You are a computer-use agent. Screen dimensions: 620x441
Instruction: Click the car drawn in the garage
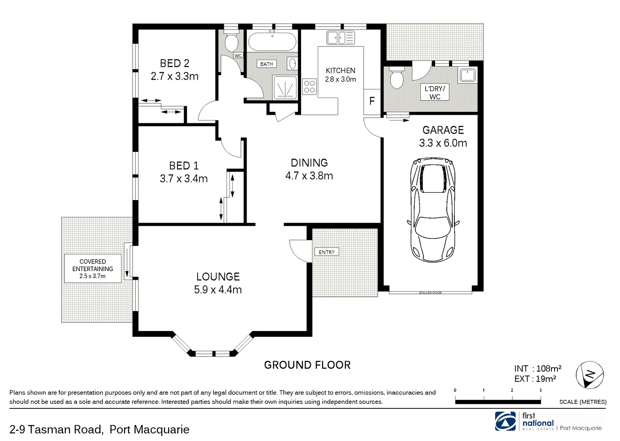click(x=433, y=210)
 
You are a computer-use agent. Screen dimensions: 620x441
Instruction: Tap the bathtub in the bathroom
click(x=272, y=42)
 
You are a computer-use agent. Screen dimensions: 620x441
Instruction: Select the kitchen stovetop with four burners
click(x=309, y=87)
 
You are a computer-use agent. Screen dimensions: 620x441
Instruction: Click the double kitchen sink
click(x=340, y=38)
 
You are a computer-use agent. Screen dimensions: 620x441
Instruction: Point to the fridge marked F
click(x=372, y=101)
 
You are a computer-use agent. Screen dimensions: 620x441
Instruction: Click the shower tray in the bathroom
click(x=285, y=87)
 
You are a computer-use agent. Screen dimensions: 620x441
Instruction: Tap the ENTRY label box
click(x=327, y=252)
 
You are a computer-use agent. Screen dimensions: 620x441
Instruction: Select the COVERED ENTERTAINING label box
click(x=93, y=268)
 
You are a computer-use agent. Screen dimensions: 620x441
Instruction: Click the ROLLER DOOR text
click(x=430, y=293)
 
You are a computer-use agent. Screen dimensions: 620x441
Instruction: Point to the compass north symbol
click(x=590, y=375)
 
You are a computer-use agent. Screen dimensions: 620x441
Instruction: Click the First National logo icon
click(x=505, y=421)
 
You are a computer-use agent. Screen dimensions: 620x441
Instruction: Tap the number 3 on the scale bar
click(x=540, y=390)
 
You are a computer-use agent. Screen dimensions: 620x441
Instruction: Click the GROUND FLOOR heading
click(x=307, y=365)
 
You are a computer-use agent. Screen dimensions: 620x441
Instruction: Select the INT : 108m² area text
click(x=538, y=369)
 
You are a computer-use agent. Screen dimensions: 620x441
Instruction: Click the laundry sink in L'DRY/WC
click(x=467, y=75)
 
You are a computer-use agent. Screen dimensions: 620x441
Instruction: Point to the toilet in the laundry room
click(x=397, y=78)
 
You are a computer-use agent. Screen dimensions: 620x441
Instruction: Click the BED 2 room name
click(x=175, y=63)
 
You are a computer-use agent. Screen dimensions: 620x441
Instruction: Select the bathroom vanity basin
click(x=292, y=64)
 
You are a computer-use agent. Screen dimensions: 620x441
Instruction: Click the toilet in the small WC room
click(x=231, y=42)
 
